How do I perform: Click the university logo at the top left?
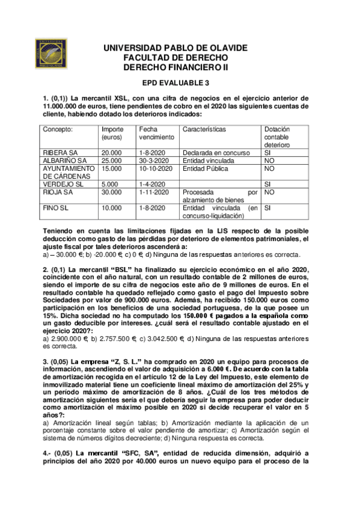pos(52,55)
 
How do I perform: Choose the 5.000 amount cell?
pos(110,184)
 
